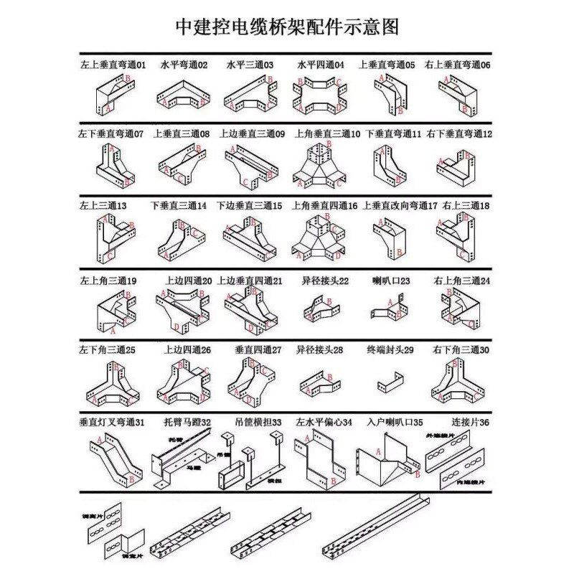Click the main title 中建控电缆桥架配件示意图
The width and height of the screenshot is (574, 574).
[x=287, y=27]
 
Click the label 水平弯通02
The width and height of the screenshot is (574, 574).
[x=184, y=65]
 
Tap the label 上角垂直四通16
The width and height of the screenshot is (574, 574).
[x=324, y=205]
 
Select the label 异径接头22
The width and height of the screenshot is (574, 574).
[x=324, y=281]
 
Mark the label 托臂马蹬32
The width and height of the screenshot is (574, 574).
[x=185, y=423]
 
